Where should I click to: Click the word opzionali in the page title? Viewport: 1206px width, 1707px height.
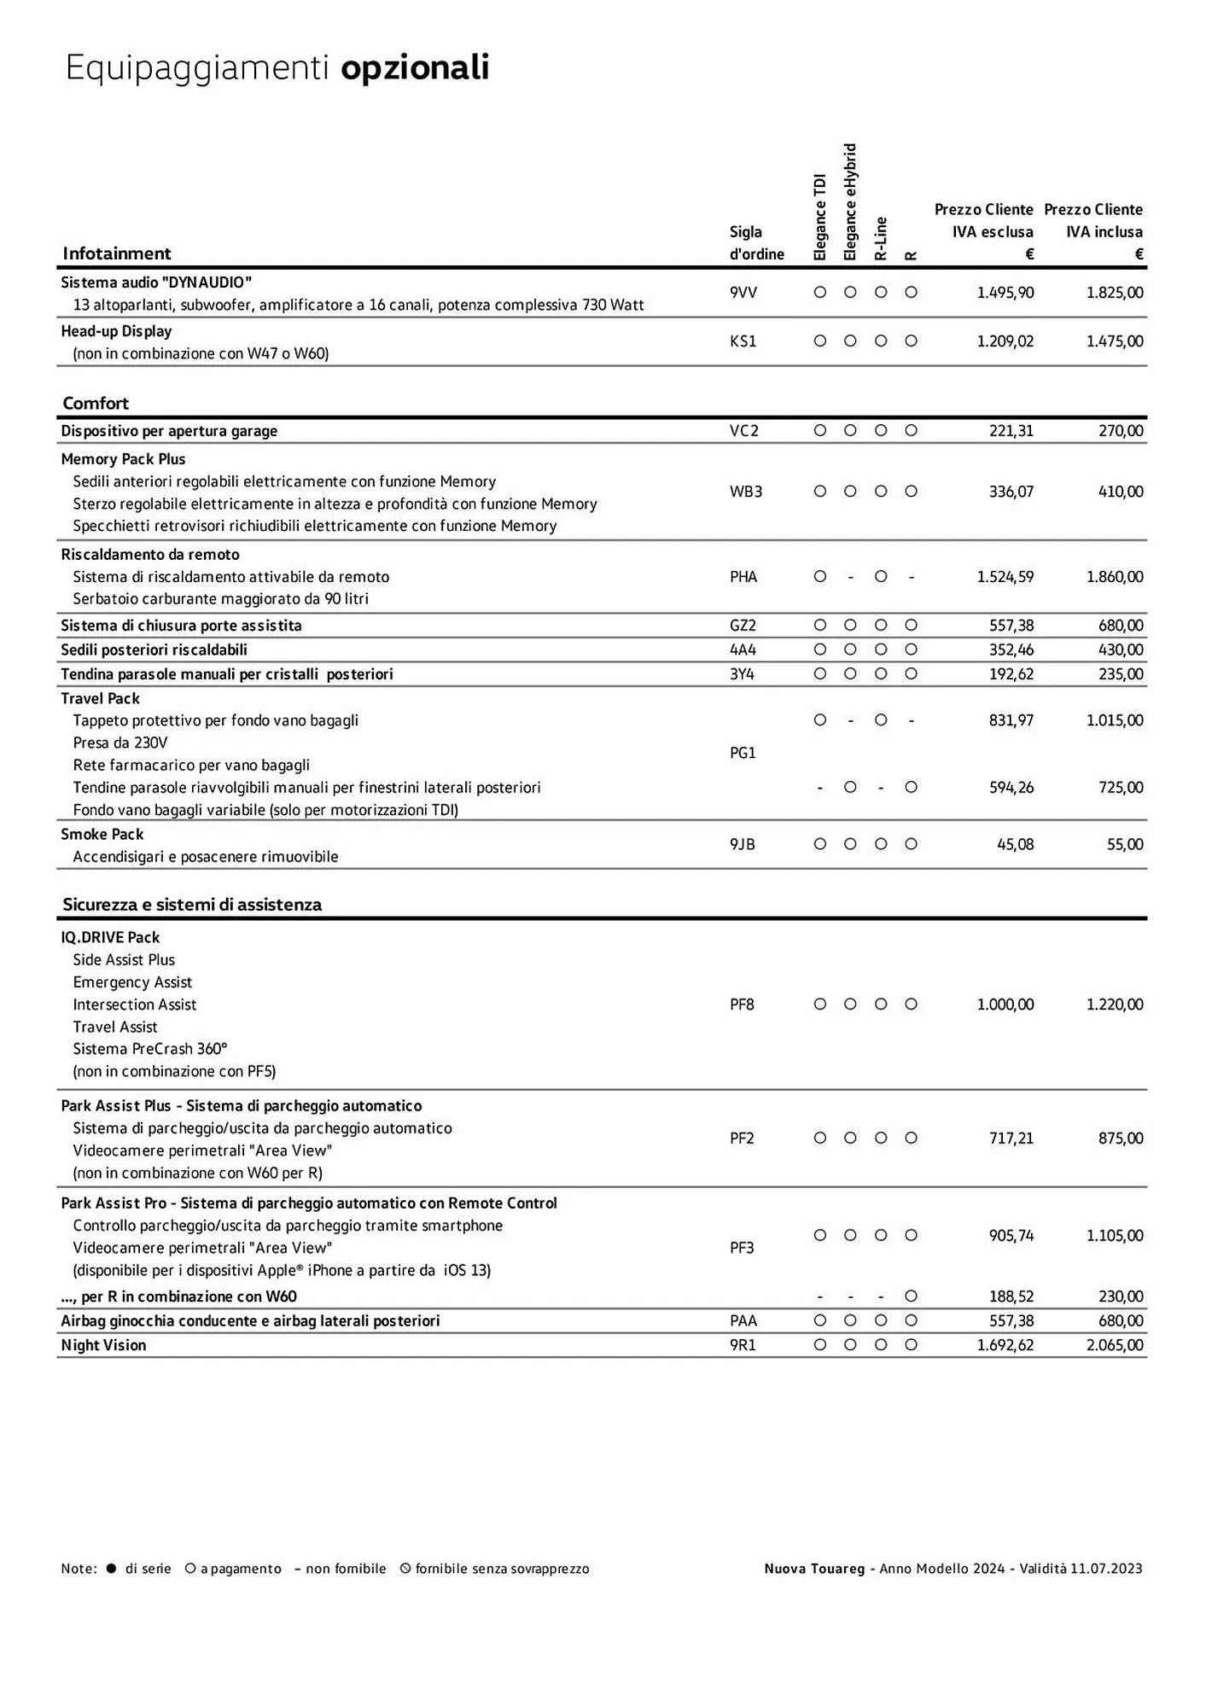coord(415,68)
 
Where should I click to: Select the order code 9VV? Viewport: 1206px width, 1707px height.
coord(743,293)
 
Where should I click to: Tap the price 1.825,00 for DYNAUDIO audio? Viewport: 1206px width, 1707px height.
coord(1114,293)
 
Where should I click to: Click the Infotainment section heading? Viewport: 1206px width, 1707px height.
coord(117,253)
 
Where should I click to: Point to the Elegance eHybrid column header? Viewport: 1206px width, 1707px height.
coord(850,202)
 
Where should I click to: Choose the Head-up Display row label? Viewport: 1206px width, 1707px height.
coord(116,331)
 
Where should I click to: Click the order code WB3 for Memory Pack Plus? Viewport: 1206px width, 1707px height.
coord(745,492)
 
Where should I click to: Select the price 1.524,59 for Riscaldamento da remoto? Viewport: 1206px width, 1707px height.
coord(1005,577)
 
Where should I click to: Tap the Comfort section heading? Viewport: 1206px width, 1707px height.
coord(96,403)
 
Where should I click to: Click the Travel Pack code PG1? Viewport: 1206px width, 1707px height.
coord(743,753)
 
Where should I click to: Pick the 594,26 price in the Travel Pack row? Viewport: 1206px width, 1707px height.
coord(1011,788)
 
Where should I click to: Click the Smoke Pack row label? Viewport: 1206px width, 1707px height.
coord(102,835)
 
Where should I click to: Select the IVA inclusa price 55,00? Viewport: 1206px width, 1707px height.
coord(1125,845)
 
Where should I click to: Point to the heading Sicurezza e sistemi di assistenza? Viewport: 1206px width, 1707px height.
coord(192,905)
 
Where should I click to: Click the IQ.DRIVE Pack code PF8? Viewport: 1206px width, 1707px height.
coord(742,1005)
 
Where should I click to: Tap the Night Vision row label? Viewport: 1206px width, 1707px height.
coord(103,1345)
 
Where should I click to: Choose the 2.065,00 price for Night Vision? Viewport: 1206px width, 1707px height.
coord(1114,1345)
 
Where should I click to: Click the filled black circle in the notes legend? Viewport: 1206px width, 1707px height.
coord(111,1569)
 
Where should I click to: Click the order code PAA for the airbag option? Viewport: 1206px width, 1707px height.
coord(743,1321)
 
